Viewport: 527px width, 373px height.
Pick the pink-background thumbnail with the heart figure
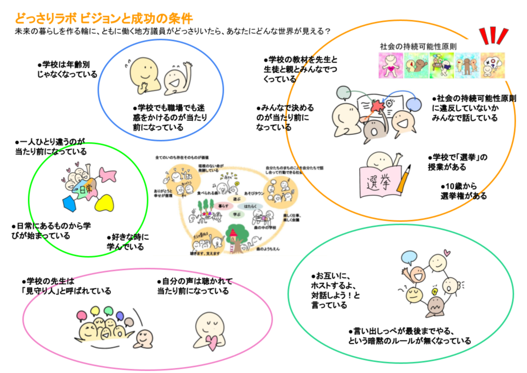[391, 65]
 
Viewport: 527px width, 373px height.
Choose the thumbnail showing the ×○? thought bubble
[492, 65]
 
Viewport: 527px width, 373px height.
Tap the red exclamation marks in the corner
[493, 36]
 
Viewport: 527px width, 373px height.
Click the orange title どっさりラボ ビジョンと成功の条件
[103, 18]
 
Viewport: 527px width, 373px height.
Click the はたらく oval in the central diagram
[250, 206]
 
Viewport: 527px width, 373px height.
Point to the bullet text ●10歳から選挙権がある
[463, 190]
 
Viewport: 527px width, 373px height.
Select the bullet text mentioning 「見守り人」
[66, 286]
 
